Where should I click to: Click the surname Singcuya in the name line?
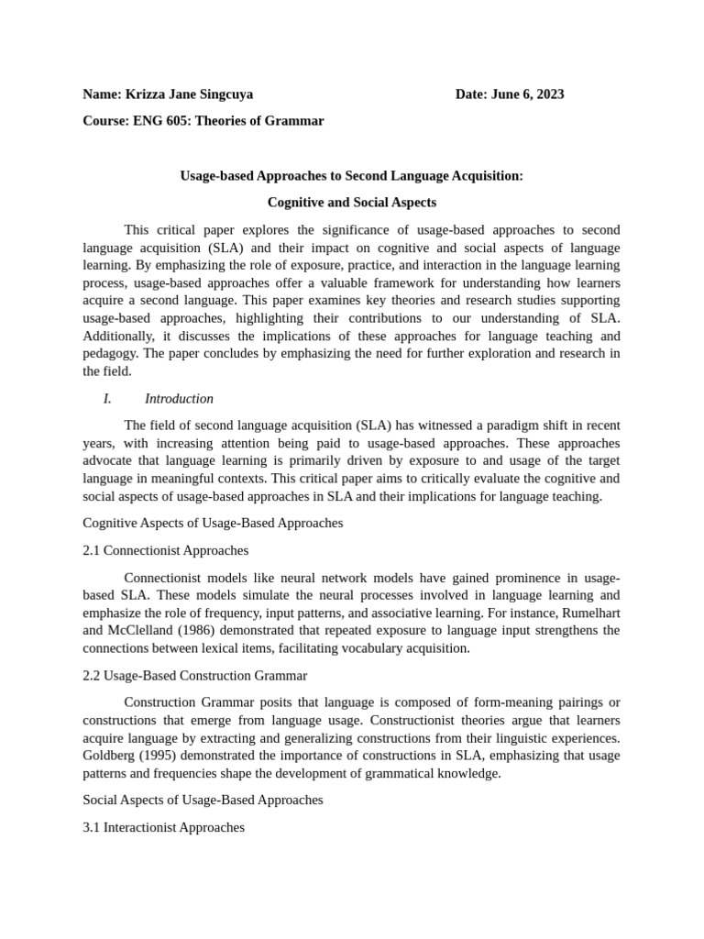point(222,94)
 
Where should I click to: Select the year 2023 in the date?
point(548,94)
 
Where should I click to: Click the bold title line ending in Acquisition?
point(351,175)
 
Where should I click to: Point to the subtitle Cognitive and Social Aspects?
point(351,202)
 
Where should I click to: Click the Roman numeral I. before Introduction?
point(107,399)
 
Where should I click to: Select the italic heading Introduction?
point(179,399)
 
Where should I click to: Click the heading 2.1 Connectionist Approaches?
point(165,551)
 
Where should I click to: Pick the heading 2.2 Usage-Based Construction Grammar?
point(194,676)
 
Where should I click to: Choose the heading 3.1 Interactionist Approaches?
point(163,827)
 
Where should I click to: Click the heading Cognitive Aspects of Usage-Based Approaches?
point(213,523)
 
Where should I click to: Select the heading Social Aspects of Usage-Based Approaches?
point(203,800)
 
